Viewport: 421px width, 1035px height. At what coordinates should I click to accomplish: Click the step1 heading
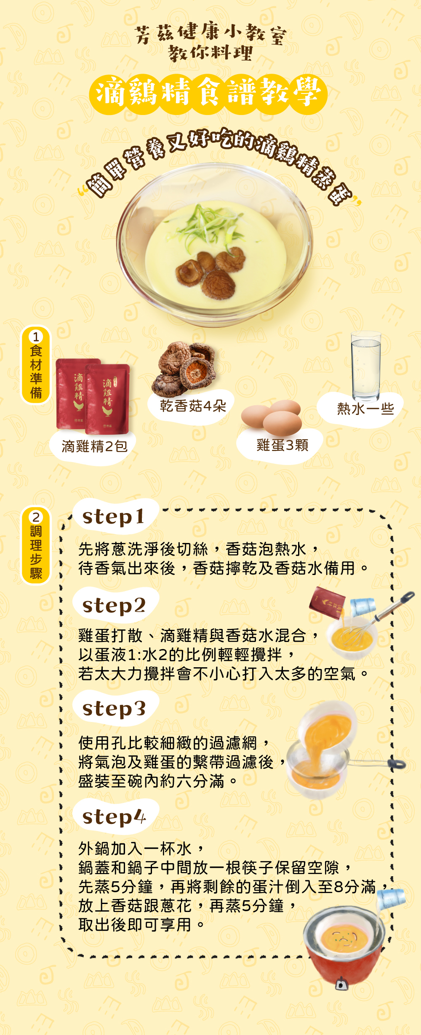point(114,517)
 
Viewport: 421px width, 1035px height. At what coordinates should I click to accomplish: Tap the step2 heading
point(114,606)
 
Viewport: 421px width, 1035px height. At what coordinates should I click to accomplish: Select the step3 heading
point(114,709)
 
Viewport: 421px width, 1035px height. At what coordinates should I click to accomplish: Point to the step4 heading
point(114,817)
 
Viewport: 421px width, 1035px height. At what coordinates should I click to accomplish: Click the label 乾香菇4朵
point(193,406)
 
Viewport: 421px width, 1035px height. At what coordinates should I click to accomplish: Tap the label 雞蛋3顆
point(282,445)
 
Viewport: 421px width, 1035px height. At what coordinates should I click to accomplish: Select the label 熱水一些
point(365,409)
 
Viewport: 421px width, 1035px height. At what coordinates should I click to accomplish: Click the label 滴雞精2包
point(94,447)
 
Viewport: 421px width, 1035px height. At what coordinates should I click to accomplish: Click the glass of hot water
point(365,366)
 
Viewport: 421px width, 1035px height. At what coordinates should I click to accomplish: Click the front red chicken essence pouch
point(107,398)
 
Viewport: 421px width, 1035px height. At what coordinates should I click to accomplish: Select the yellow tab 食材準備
point(36,365)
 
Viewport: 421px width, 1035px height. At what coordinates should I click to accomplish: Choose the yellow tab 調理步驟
point(36,545)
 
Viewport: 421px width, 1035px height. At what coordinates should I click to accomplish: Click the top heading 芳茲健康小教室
point(210,34)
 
